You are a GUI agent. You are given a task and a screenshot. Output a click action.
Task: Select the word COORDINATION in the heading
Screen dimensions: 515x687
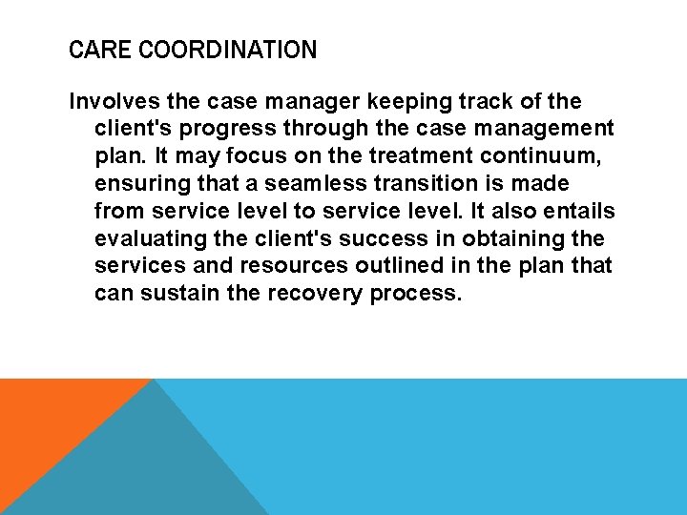point(227,50)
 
